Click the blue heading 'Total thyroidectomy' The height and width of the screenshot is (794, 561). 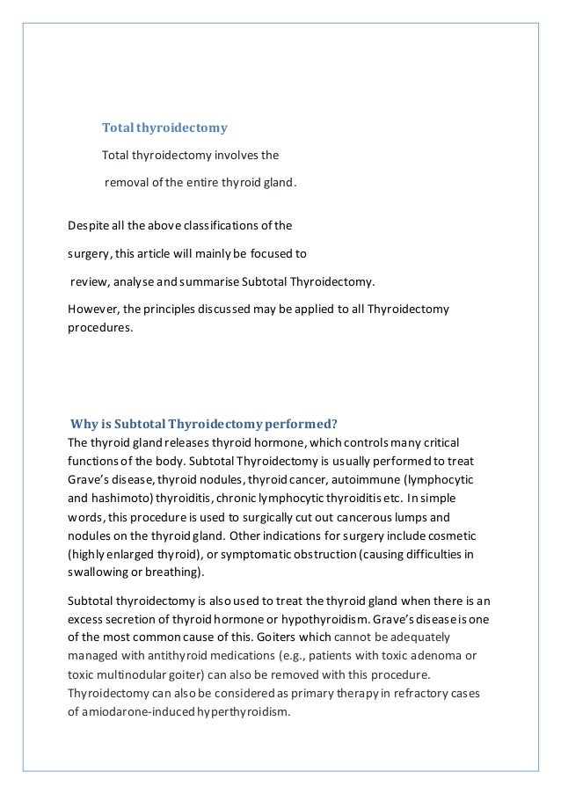164,128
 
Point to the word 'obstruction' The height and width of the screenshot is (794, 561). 306,554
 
